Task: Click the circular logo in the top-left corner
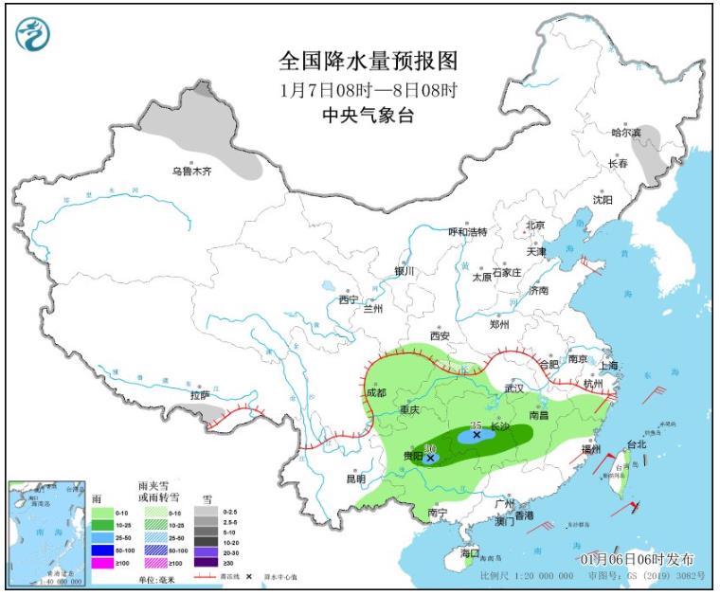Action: [33, 35]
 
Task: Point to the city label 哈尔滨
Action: [625, 133]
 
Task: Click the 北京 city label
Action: [536, 226]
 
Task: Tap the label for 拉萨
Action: [200, 395]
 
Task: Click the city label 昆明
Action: [355, 479]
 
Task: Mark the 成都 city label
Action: [375, 392]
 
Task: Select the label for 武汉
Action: [514, 388]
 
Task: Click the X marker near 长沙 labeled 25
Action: [476, 436]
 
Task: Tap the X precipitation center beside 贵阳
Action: [431, 458]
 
